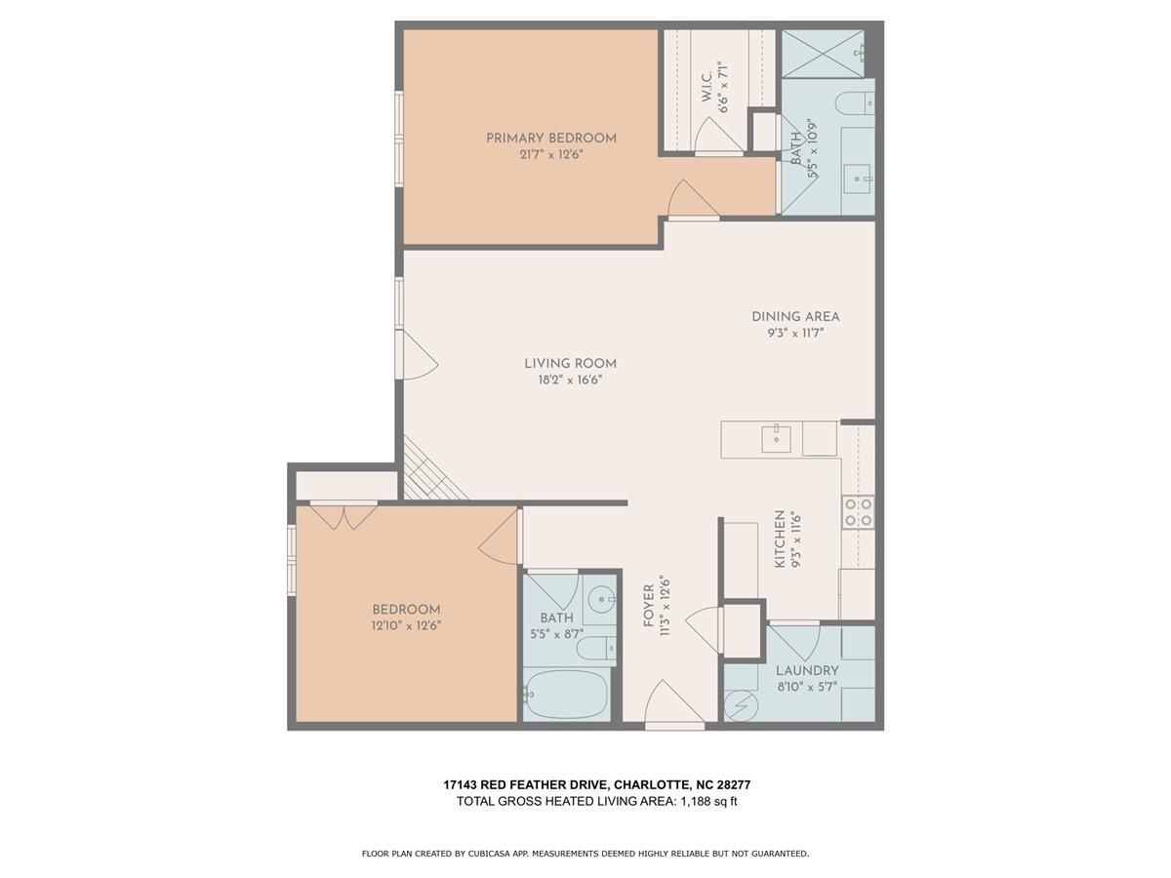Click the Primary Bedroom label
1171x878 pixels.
(551, 139)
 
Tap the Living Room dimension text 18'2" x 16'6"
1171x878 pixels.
(570, 380)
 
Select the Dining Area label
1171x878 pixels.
(795, 317)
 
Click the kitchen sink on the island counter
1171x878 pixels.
(776, 438)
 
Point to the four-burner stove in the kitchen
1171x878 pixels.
(858, 512)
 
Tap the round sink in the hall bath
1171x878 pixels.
(601, 599)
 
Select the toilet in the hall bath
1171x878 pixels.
(596, 648)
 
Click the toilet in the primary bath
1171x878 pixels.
(855, 103)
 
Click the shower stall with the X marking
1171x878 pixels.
(822, 54)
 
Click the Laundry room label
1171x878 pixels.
(807, 670)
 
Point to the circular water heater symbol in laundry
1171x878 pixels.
(741, 705)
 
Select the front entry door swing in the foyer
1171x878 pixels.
(674, 701)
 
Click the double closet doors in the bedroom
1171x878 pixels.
(343, 516)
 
